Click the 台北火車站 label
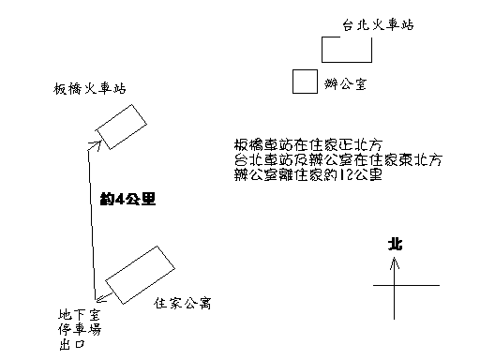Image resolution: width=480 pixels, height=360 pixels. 378,26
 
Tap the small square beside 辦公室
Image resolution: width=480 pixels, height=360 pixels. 304,82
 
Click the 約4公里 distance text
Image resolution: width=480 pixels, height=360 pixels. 127,199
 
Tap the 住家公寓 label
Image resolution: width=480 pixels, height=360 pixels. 184,304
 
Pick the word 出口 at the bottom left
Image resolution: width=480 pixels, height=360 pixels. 68,347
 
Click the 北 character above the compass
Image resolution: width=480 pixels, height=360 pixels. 395,244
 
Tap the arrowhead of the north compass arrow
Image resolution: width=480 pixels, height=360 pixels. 396,262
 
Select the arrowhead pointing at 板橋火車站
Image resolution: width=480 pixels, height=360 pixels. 94,144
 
